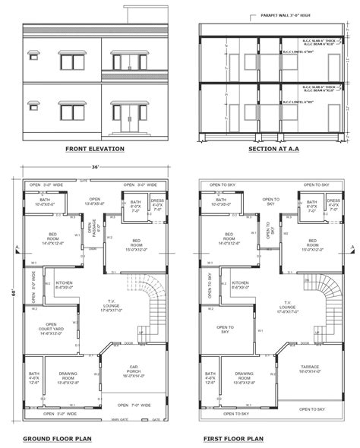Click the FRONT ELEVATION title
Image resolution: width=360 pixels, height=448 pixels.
point(94,149)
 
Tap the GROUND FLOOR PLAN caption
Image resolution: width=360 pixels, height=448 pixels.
point(58,439)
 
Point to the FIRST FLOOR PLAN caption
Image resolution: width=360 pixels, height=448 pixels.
point(233,439)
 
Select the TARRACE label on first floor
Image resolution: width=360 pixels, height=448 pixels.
point(309,371)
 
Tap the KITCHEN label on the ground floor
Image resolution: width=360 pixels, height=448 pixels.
point(65,285)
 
